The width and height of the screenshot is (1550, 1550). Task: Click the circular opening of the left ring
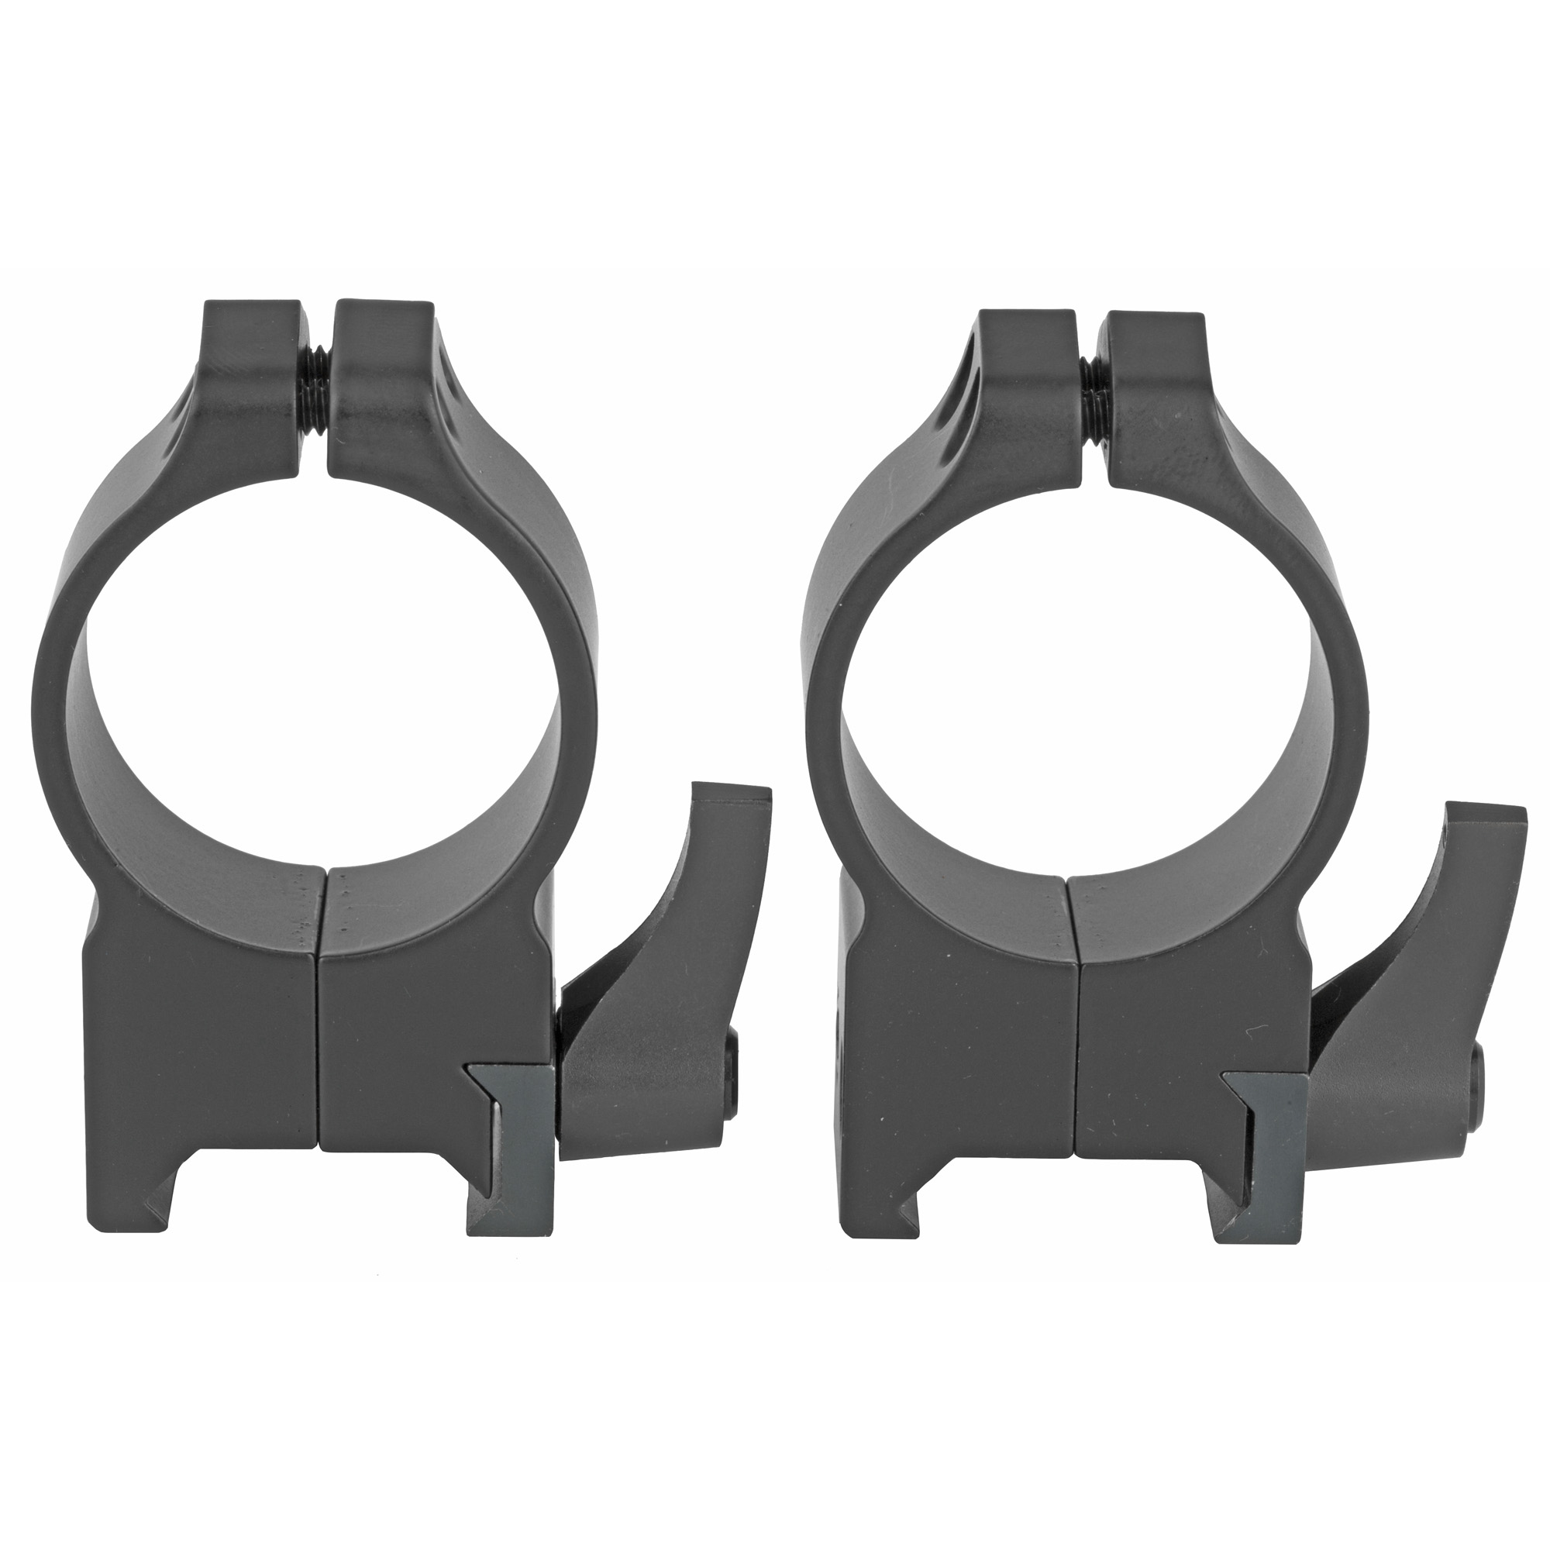click(321, 674)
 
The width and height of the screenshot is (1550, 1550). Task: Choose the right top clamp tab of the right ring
click(1156, 361)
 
